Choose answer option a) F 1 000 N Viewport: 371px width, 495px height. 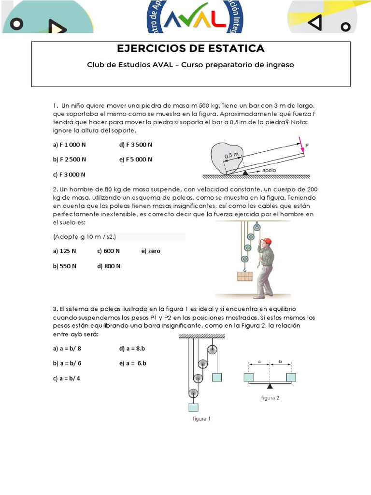pos(69,145)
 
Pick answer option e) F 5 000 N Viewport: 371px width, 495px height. pos(135,159)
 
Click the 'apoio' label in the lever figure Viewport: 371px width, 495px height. pos(269,171)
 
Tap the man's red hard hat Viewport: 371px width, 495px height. pos(266,241)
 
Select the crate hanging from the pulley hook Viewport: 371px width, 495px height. pos(244,277)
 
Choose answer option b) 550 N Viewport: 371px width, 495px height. pos(65,266)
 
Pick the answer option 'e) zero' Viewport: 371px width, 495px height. pos(151,251)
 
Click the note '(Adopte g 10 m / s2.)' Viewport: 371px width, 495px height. pos(85,236)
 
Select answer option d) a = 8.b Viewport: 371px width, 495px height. pos(132,349)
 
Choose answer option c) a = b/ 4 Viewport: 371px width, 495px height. pos(67,378)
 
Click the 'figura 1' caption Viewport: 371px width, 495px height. pos(201,419)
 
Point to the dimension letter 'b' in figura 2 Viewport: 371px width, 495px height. pos(281,361)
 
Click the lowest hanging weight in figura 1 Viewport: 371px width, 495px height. pos(194,407)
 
